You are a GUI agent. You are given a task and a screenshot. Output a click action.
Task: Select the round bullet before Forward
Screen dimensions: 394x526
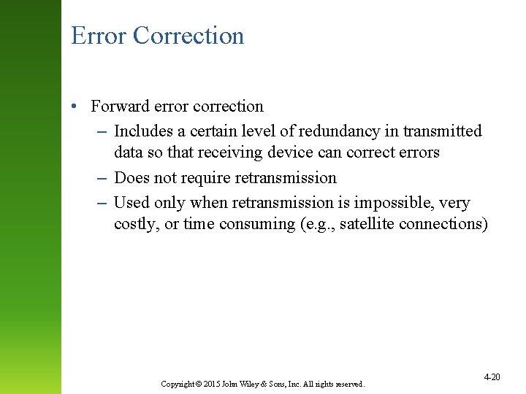[x=75, y=107]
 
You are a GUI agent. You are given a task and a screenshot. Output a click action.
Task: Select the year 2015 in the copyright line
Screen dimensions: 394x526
[x=212, y=384]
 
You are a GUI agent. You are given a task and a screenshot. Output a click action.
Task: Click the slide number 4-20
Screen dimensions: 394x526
[x=492, y=376]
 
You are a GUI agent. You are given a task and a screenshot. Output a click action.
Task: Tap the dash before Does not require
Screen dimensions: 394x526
[x=102, y=178]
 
